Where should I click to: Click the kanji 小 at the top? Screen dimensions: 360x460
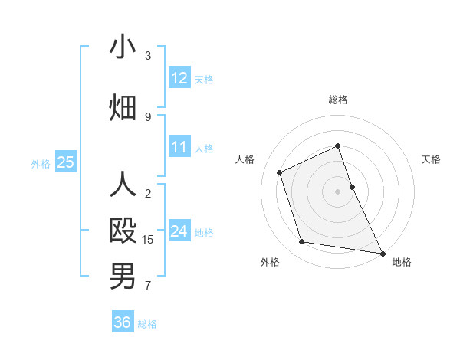tap(123, 47)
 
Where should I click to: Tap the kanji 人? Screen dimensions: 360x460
tap(123, 185)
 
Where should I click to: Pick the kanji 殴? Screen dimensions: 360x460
tap(123, 231)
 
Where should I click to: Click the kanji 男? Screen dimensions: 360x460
tap(123, 277)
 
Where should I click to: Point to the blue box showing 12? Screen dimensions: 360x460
tap(179, 78)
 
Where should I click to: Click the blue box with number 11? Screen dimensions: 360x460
tap(179, 147)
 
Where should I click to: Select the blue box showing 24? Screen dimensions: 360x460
tap(179, 231)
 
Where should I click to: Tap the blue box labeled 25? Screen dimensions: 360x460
tap(65, 162)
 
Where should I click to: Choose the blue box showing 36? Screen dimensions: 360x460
tap(123, 322)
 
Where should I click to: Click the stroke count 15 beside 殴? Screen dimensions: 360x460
tap(149, 240)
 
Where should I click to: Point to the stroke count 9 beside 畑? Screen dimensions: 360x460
tap(148, 116)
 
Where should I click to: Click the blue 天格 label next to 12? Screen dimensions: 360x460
tap(204, 79)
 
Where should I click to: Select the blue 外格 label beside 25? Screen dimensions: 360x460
tap(41, 163)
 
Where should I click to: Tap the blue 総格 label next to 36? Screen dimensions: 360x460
tap(147, 324)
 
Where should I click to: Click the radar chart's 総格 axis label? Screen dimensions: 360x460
tap(338, 100)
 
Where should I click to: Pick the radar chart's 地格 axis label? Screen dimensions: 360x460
tap(402, 263)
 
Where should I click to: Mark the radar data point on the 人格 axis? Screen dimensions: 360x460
tap(280, 172)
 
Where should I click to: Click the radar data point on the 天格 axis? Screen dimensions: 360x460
tap(352, 186)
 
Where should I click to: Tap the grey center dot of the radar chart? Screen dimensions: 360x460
tap(337, 191)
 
